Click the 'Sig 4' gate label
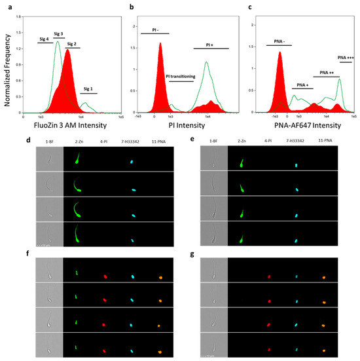[45, 41]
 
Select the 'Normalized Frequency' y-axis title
[7, 69]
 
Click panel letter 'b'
[132, 7]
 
